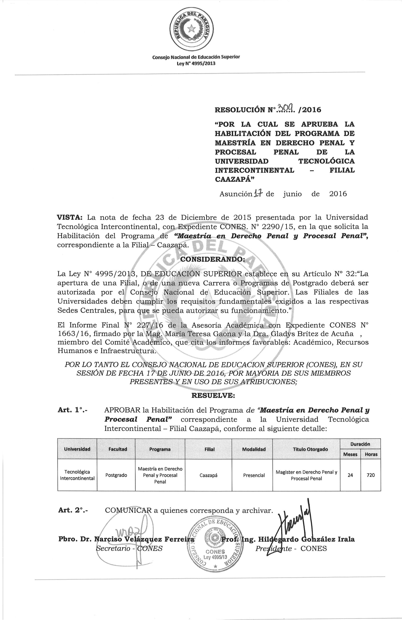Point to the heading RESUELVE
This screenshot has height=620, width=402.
(x=213, y=395)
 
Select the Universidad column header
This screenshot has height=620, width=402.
(x=77, y=449)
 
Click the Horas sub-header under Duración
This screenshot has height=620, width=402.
(x=371, y=455)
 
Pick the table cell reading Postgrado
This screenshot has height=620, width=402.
(x=116, y=475)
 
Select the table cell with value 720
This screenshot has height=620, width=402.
(x=371, y=475)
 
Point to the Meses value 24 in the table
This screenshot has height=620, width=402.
(x=350, y=475)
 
